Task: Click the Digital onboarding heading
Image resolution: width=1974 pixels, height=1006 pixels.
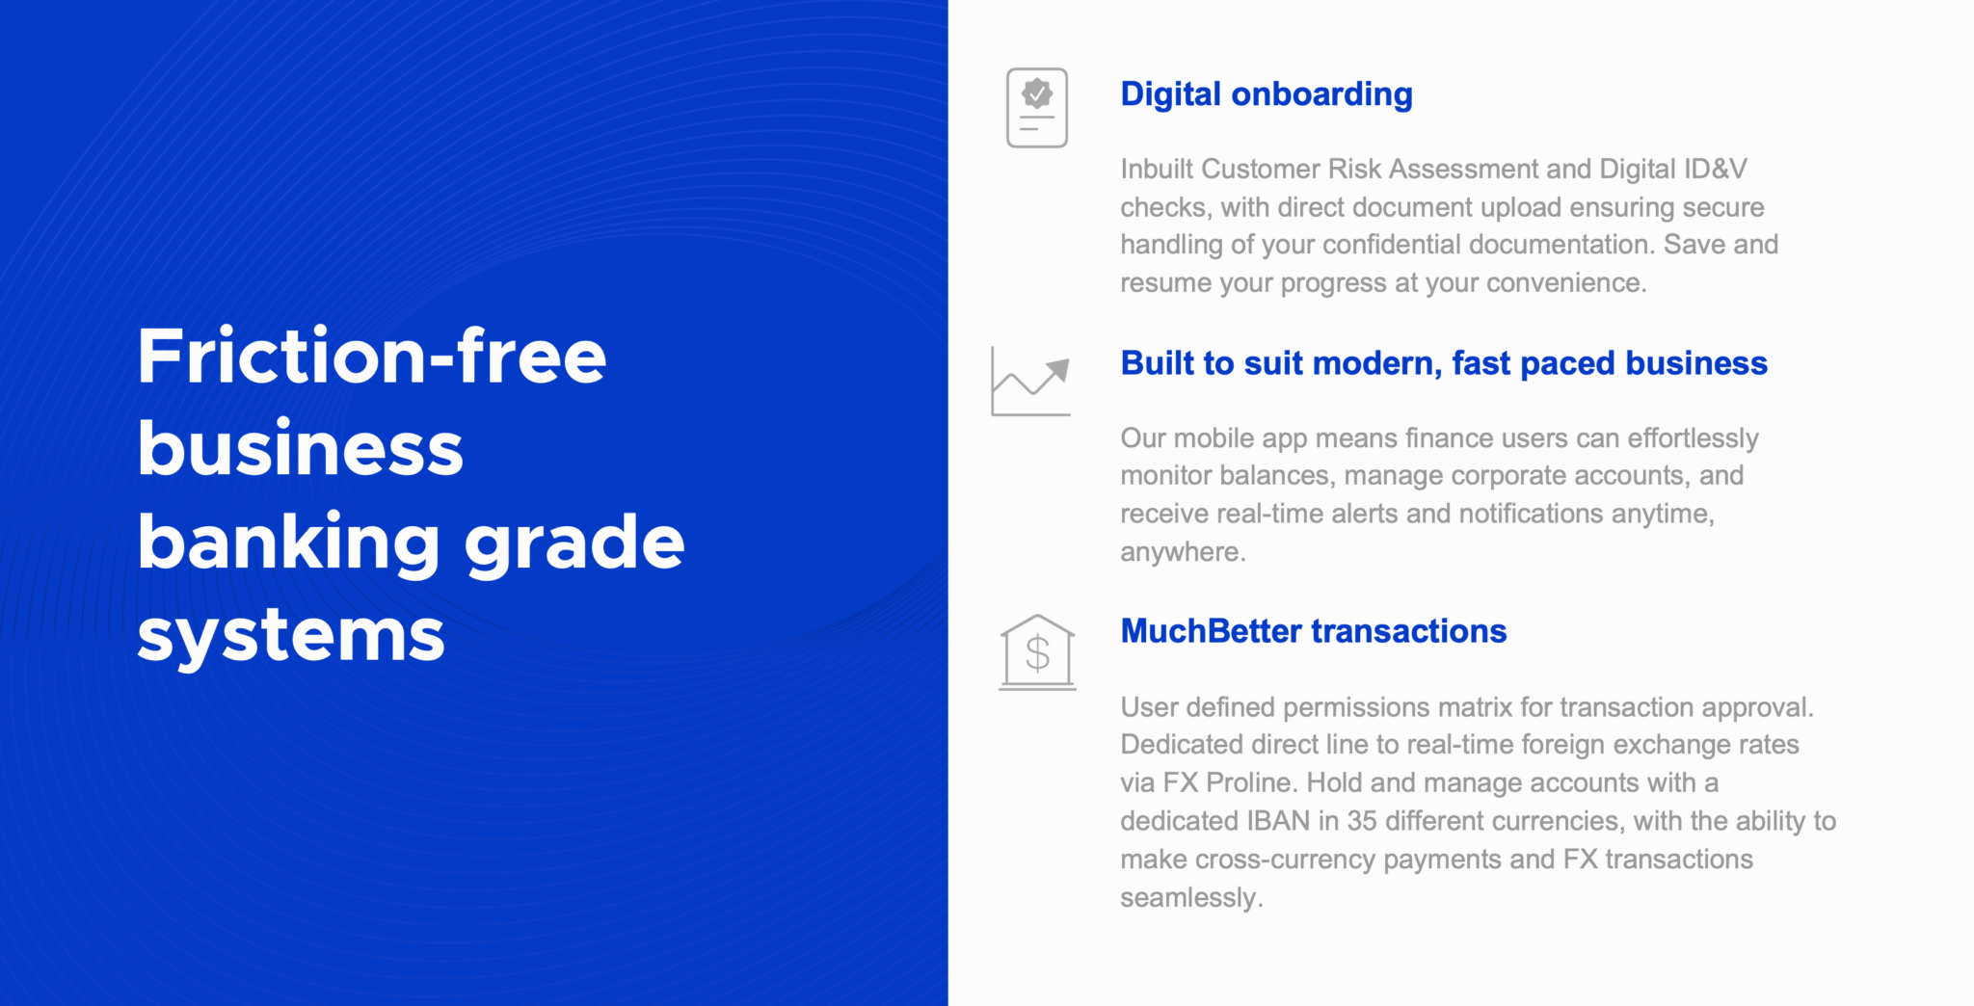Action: (x=1267, y=95)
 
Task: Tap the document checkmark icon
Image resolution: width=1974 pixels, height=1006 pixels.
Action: (x=1037, y=108)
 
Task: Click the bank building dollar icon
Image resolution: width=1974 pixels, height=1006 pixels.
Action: (x=1037, y=652)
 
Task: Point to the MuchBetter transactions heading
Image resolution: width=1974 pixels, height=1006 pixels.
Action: (x=1314, y=631)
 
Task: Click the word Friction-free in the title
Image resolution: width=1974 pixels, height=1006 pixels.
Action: (x=372, y=357)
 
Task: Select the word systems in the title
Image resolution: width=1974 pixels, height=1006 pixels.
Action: (x=291, y=637)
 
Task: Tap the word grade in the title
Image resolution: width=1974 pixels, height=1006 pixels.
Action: (x=574, y=545)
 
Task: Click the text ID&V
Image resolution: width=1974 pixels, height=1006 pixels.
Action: (x=1715, y=170)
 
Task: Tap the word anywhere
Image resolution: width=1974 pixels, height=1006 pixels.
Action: (x=1183, y=552)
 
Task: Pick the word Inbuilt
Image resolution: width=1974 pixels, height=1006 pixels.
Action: (x=1157, y=170)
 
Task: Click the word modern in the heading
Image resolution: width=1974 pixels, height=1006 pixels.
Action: (x=1377, y=364)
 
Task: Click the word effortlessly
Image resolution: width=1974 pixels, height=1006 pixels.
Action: (x=1694, y=439)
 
